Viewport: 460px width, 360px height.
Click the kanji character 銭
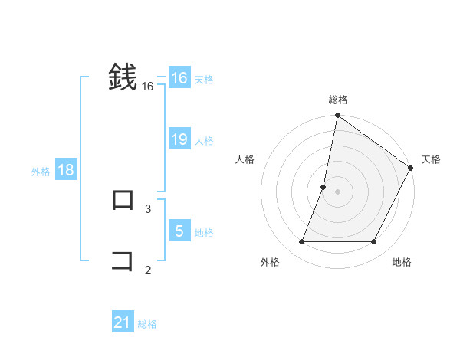(x=123, y=77)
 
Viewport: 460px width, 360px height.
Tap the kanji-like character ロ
(x=123, y=200)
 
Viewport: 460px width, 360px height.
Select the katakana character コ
(x=123, y=261)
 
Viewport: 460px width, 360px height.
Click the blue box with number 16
(x=179, y=78)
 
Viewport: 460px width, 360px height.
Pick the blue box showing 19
(x=179, y=139)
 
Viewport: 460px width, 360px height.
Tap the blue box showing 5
(x=179, y=231)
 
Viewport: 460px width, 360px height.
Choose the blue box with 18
(x=66, y=170)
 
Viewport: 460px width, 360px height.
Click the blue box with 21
(x=123, y=322)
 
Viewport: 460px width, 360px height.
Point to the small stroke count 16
(x=148, y=87)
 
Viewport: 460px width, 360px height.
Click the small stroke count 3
(x=148, y=208)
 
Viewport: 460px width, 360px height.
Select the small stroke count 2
(x=148, y=269)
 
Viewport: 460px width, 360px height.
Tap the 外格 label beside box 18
(x=41, y=172)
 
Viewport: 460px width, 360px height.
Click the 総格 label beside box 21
(x=147, y=324)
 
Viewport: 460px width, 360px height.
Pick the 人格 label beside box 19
(x=204, y=141)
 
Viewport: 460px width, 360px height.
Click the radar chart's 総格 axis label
(x=337, y=100)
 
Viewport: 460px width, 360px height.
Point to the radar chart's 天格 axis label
(x=431, y=159)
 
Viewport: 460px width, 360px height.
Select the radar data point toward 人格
(x=324, y=187)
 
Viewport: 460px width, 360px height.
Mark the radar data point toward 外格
(x=302, y=241)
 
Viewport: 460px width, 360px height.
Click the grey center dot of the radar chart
(x=337, y=191)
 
